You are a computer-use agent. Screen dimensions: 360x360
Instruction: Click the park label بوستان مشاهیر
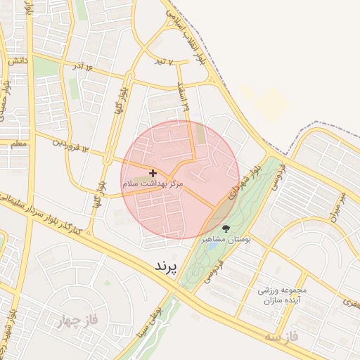tap(226, 240)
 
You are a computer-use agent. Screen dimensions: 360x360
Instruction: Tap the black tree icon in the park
tap(226, 229)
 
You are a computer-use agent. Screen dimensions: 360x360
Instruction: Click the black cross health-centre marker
tap(153, 173)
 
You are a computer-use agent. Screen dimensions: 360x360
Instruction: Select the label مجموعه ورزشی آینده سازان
tap(281, 295)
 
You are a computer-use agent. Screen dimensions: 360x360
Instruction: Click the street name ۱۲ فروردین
tap(71, 146)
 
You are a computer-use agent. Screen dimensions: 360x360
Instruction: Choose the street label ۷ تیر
tap(163, 62)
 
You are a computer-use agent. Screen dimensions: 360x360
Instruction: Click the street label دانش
tap(18, 61)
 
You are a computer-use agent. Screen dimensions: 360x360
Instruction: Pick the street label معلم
tap(18, 143)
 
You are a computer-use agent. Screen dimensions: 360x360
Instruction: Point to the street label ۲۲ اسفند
tap(185, 98)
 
